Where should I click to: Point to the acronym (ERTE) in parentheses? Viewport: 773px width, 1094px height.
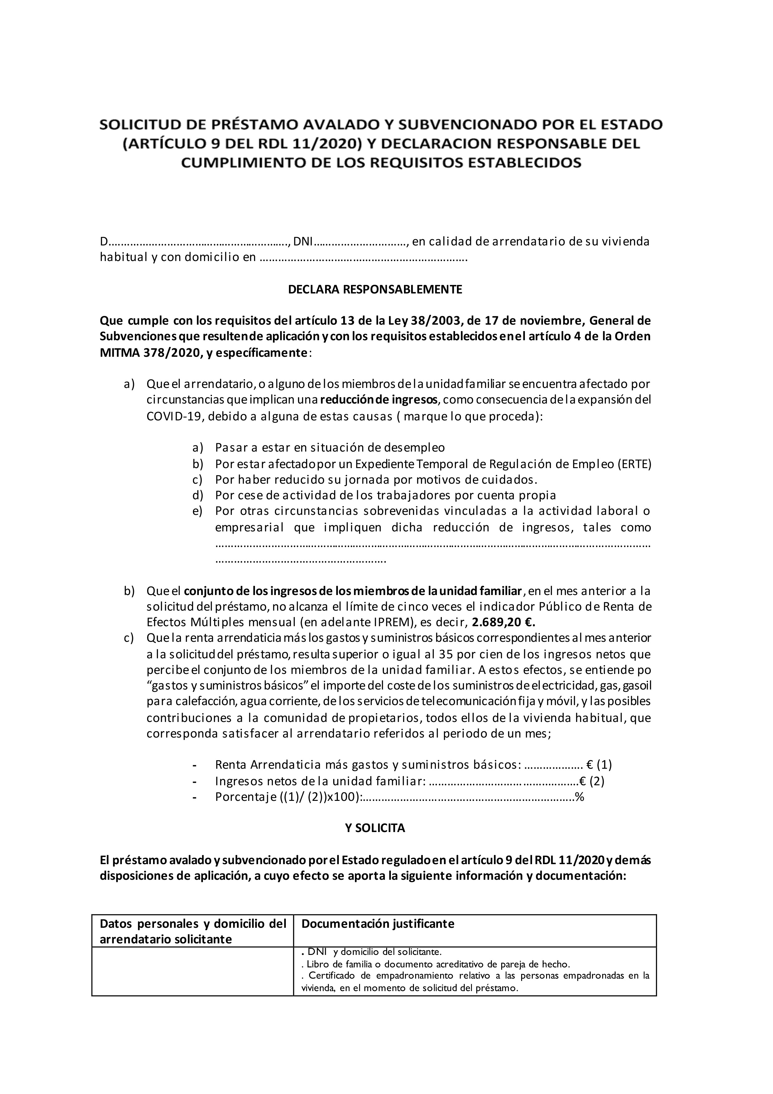coord(634,464)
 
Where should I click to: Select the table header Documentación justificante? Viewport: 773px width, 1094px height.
coord(378,923)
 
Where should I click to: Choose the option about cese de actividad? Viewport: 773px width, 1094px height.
coord(385,495)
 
